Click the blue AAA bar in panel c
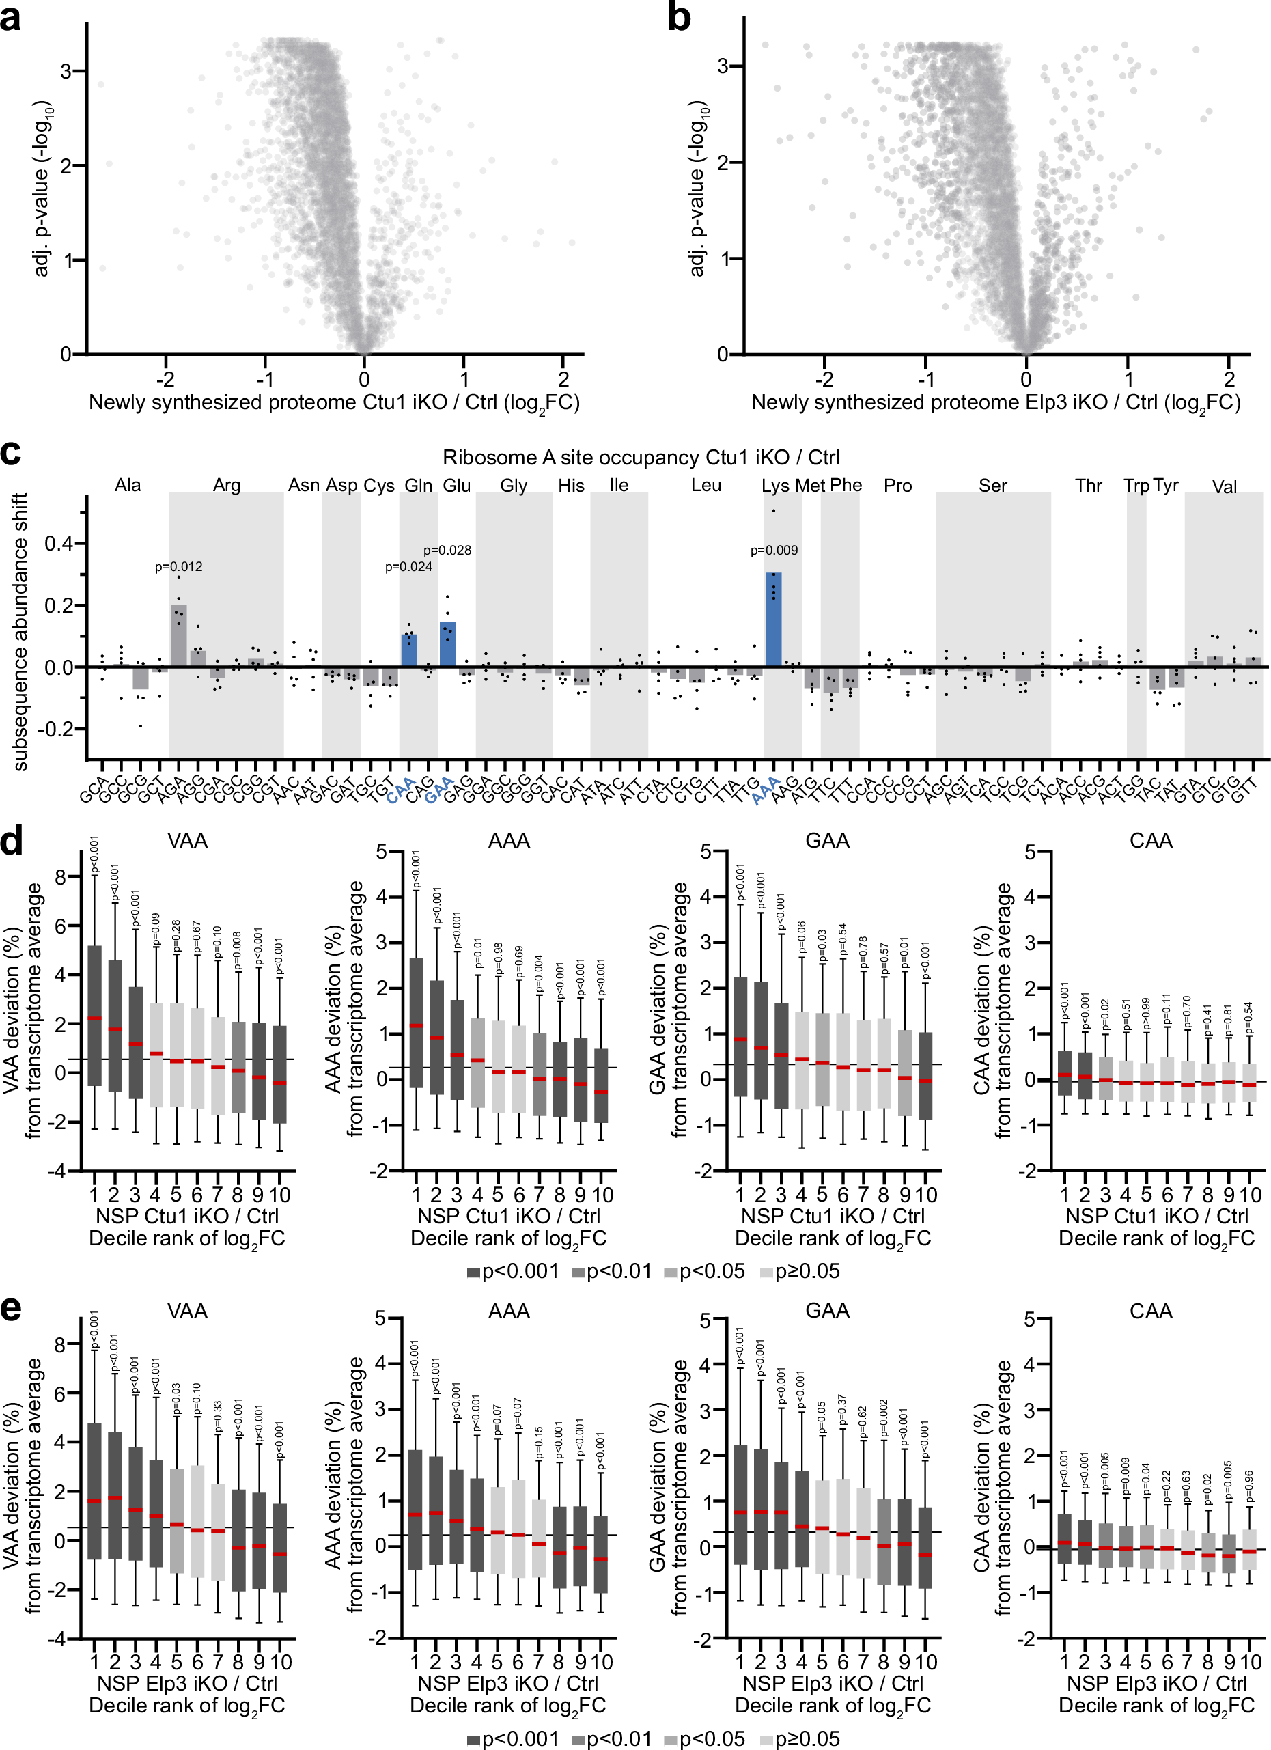(773, 620)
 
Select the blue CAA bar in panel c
(409, 650)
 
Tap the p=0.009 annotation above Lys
(774, 550)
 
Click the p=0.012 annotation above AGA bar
(178, 566)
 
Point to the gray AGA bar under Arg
(178, 636)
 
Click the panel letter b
(678, 17)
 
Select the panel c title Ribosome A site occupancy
(641, 458)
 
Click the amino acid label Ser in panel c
(992, 486)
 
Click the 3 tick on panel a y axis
(66, 71)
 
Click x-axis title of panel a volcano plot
(333, 403)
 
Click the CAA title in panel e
(1150, 1311)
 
